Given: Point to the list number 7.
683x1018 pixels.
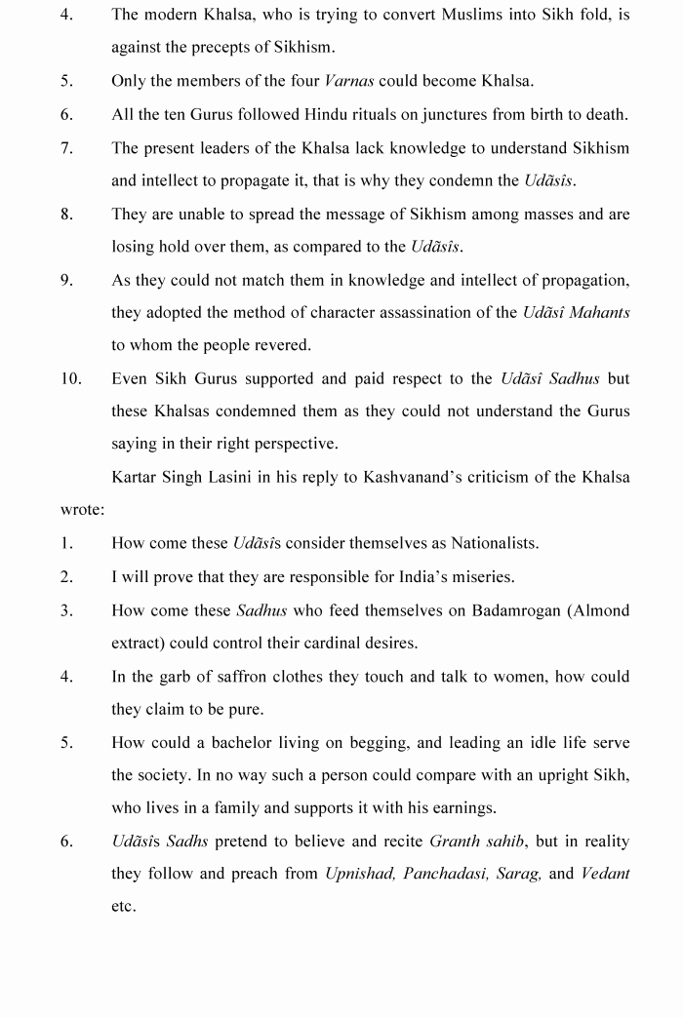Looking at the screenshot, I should (66, 148).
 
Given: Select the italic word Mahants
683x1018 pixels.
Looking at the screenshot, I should (600, 312).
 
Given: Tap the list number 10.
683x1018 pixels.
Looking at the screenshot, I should (71, 378).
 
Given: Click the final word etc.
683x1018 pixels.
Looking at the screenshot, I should (123, 907).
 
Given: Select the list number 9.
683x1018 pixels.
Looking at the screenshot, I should (66, 280).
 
